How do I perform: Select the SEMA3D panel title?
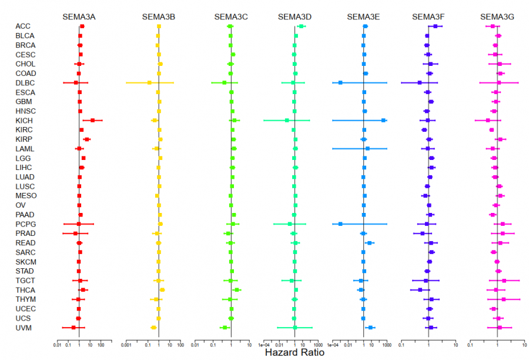294,16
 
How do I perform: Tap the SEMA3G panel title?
497,16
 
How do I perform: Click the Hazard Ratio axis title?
293,352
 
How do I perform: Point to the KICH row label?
24,120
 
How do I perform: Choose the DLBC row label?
25,82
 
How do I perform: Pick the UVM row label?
24,327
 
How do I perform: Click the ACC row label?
23,26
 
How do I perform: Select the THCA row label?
25,289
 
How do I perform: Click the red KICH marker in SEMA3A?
92,120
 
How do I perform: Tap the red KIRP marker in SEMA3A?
87,139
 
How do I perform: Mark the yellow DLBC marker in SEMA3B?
149,82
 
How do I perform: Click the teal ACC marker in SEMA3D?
301,26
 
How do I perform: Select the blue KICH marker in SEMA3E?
383,120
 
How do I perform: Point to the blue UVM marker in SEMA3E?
370,327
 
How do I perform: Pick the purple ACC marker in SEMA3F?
435,26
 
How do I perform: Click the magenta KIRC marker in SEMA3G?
491,129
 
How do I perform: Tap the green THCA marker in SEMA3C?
237,289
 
